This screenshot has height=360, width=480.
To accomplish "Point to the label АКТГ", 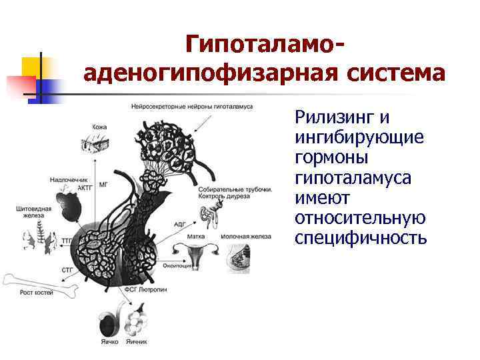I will click(x=83, y=188).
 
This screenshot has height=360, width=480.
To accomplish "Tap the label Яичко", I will click(x=109, y=341).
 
